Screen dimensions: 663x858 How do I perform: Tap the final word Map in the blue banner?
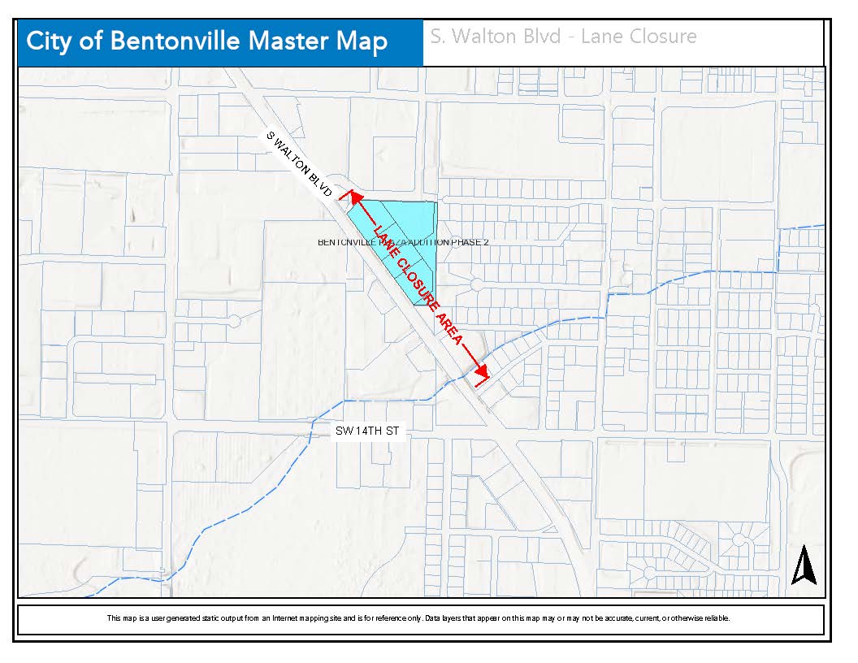pyautogui.click(x=360, y=41)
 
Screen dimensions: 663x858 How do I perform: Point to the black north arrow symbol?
pyautogui.click(x=804, y=565)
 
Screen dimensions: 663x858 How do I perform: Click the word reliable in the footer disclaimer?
pyautogui.click(x=716, y=618)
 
